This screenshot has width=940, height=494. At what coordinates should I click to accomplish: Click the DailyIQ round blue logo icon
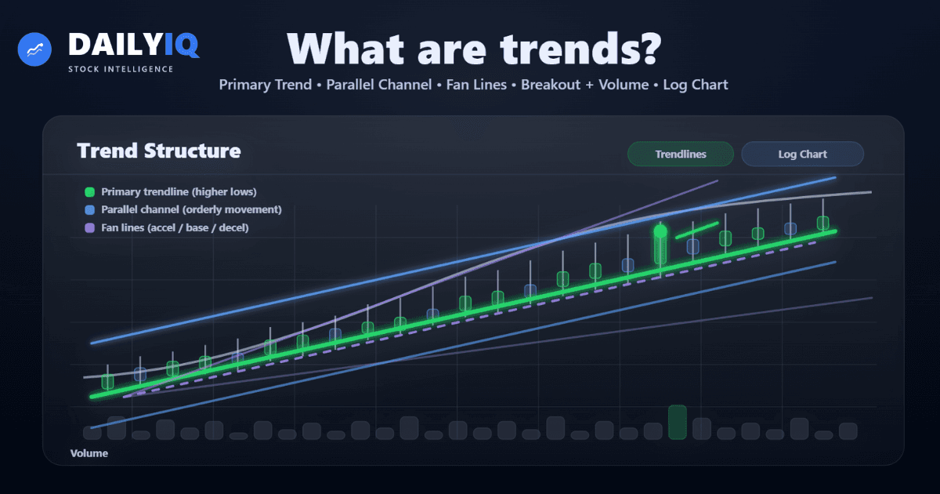tap(34, 49)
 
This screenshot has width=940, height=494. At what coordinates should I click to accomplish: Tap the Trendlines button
tap(680, 154)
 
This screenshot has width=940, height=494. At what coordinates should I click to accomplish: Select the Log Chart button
tap(802, 154)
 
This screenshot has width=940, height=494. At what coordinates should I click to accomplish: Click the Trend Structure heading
tap(159, 151)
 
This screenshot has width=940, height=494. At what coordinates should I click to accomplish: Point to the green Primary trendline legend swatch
tap(89, 192)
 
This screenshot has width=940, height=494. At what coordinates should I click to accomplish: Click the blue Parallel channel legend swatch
tap(89, 210)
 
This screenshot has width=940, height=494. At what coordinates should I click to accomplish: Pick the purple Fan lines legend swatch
tap(89, 228)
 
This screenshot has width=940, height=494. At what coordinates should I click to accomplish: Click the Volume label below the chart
tap(89, 453)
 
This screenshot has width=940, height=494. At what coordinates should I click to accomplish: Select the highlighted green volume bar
tap(678, 423)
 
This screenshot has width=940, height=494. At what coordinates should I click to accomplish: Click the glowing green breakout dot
tap(660, 231)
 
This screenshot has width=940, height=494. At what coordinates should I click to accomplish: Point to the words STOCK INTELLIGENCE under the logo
tap(121, 68)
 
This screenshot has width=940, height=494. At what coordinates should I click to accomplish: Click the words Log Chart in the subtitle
tap(696, 85)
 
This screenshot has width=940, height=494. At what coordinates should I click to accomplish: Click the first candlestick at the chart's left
tap(108, 382)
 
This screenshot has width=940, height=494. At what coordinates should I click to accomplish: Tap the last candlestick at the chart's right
tap(822, 223)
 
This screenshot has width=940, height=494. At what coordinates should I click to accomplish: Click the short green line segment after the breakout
tap(696, 231)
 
